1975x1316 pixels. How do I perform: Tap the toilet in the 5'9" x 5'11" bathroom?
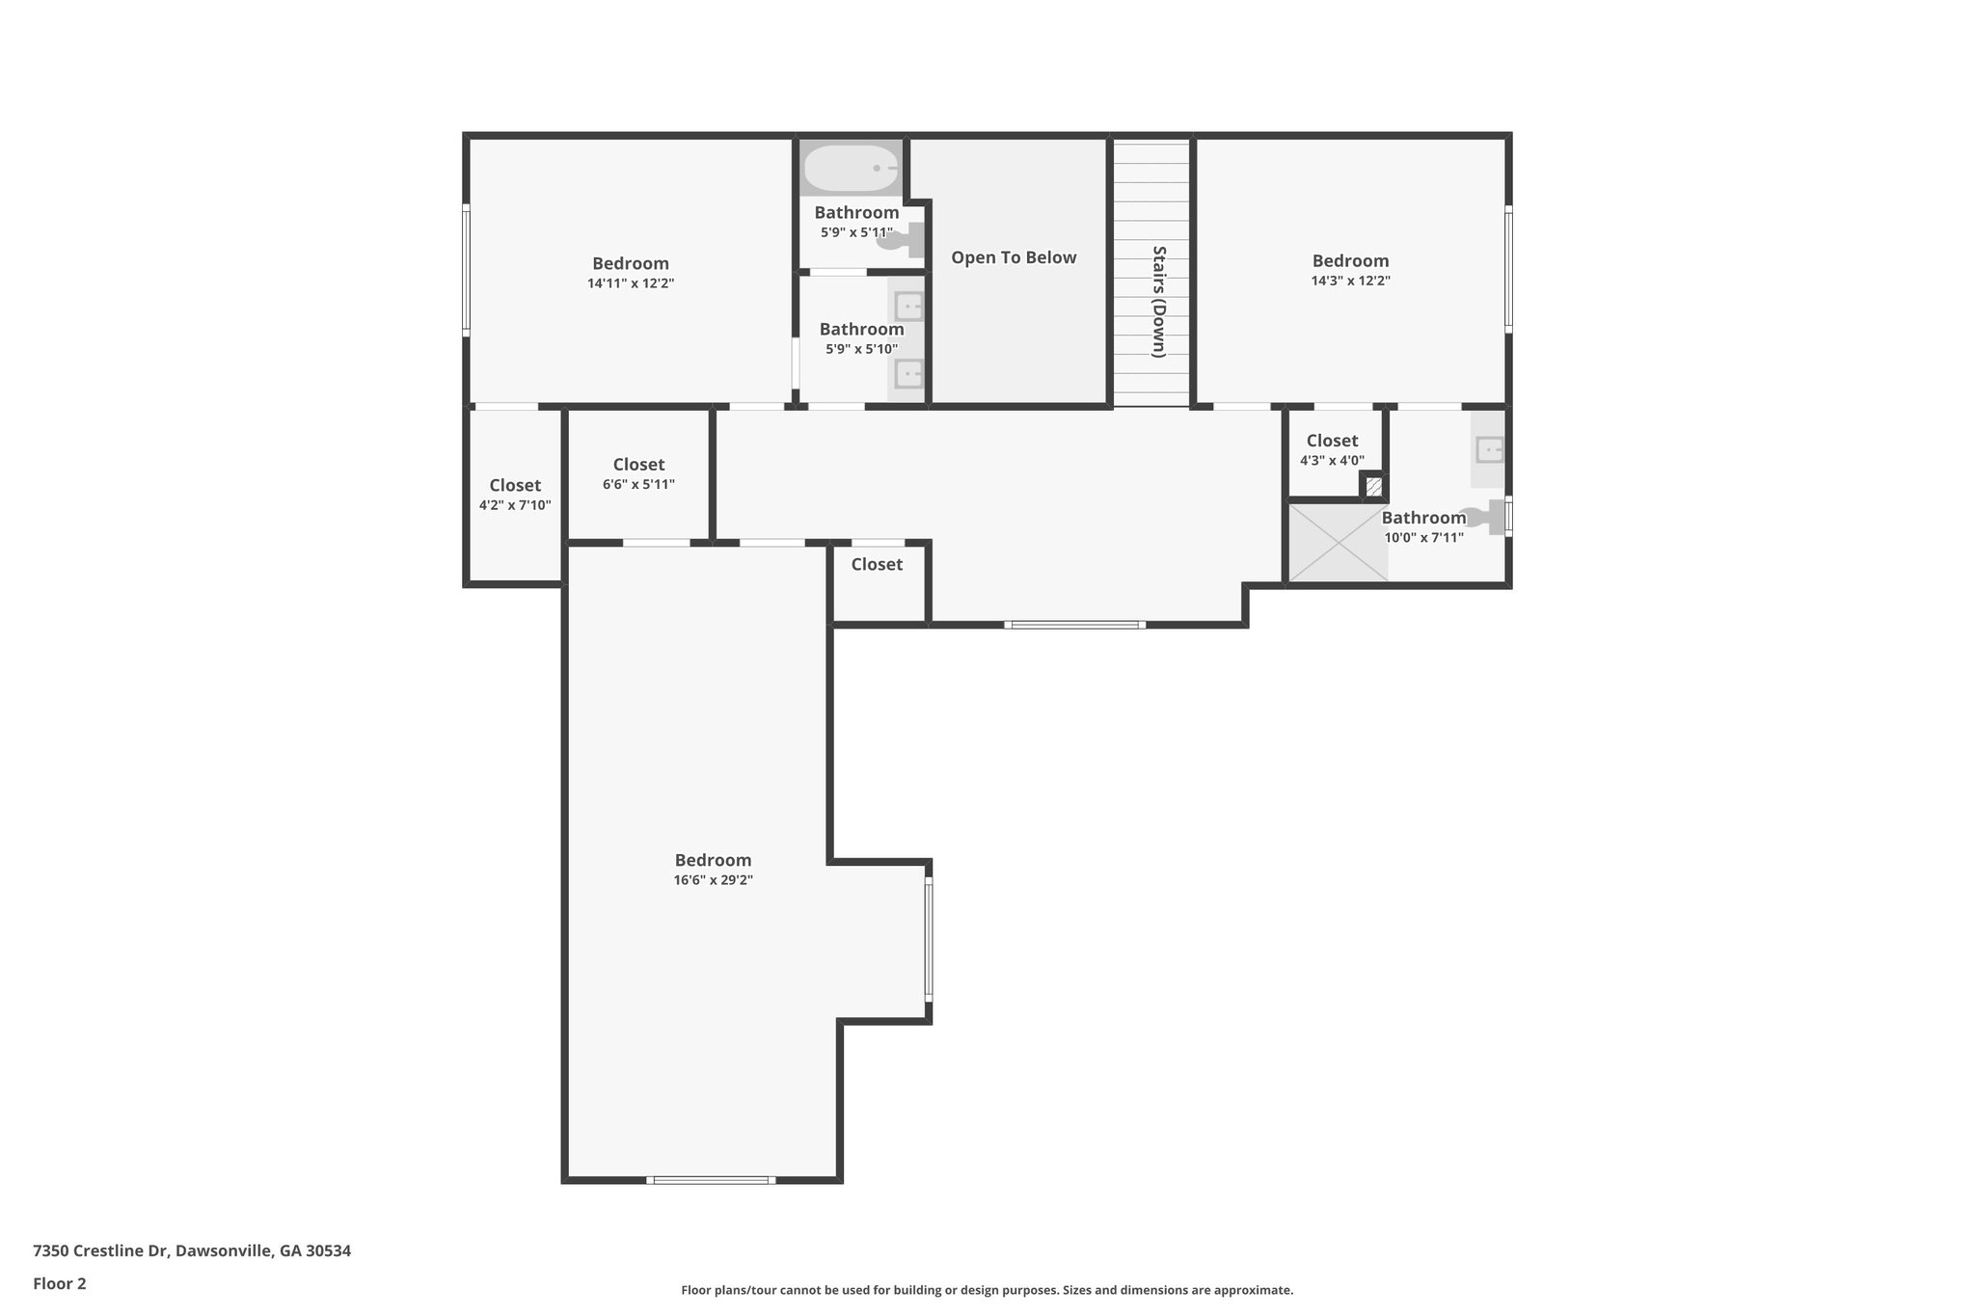(902, 240)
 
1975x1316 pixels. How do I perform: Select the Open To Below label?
(1014, 257)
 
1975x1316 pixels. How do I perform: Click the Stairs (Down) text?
(1159, 302)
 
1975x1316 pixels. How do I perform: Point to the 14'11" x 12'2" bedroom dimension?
(631, 283)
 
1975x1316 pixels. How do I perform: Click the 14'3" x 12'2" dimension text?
(1350, 281)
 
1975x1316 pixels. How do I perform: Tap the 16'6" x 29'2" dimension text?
(713, 880)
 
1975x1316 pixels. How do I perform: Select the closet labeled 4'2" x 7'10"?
(515, 495)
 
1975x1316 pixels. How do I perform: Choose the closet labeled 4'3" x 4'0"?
(1332, 450)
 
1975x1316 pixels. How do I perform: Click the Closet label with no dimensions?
(877, 564)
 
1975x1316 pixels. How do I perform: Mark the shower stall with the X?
(1339, 543)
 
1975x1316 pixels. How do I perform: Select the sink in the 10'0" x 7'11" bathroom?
(1490, 449)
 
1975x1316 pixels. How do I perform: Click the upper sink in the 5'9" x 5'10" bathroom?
(908, 307)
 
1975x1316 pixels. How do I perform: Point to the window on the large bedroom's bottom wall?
(711, 1180)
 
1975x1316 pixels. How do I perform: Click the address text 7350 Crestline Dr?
(192, 1251)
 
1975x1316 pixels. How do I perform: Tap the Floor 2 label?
(60, 1283)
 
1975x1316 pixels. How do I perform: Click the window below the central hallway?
(1074, 625)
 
